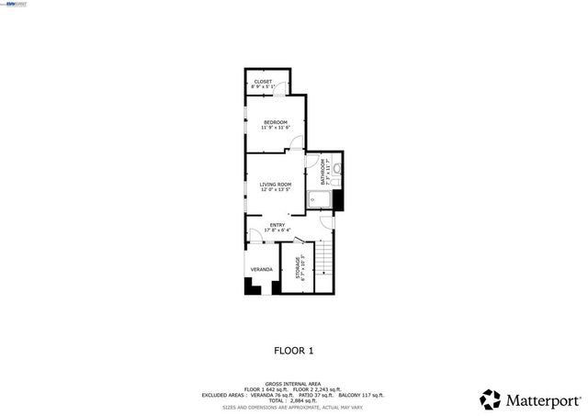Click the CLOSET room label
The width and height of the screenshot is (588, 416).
click(x=263, y=82)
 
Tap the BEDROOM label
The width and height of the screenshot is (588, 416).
click(x=276, y=122)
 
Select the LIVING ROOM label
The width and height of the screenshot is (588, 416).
click(x=276, y=184)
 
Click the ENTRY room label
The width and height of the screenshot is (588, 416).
click(x=276, y=225)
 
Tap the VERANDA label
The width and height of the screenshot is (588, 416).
click(x=262, y=269)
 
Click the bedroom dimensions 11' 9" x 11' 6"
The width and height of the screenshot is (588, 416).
click(x=276, y=128)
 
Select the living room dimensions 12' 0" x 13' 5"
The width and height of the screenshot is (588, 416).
click(x=276, y=189)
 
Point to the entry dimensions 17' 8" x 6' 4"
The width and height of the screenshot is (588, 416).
click(x=276, y=230)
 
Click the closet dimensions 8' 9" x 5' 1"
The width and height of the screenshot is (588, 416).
click(x=263, y=87)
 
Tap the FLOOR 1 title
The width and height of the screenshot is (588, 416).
click(x=294, y=350)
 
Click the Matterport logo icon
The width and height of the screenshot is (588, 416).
click(x=491, y=399)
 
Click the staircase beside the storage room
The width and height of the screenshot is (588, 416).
click(x=324, y=266)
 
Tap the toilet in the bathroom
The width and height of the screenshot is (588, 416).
click(x=337, y=169)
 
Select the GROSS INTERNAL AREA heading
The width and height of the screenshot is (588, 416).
click(x=294, y=384)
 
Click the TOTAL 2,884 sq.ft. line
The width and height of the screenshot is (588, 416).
click(x=294, y=399)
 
